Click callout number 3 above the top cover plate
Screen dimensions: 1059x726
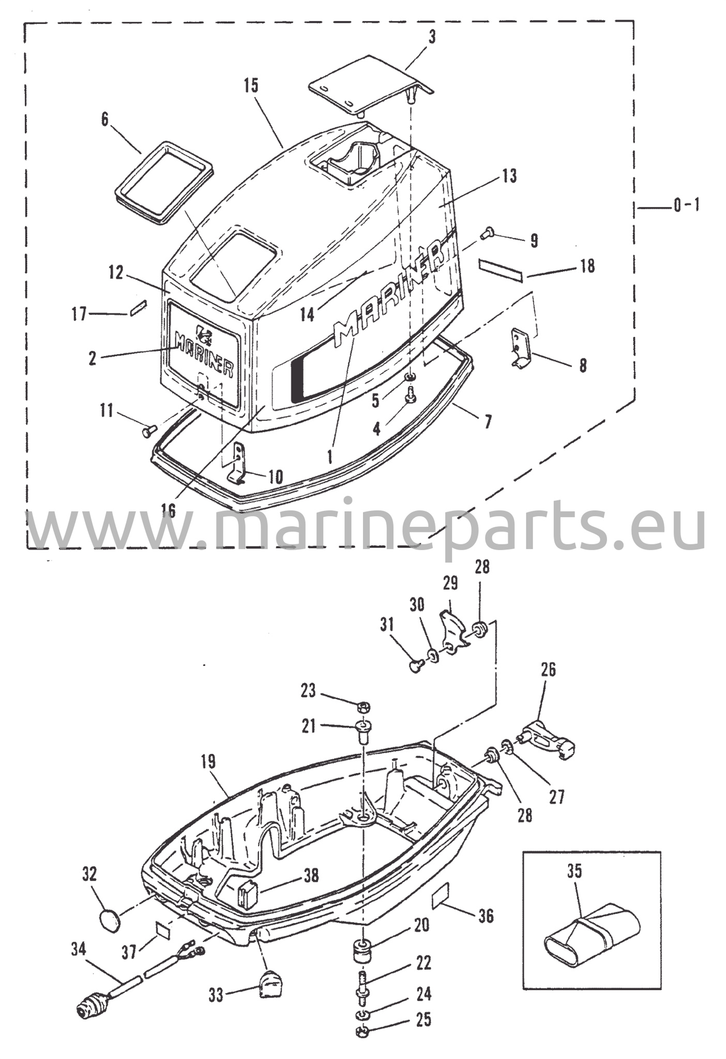pyautogui.click(x=432, y=37)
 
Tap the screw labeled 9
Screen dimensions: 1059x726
pyautogui.click(x=486, y=234)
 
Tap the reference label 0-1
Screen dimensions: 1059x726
pyautogui.click(x=686, y=206)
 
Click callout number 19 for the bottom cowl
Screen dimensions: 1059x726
pyautogui.click(x=209, y=761)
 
